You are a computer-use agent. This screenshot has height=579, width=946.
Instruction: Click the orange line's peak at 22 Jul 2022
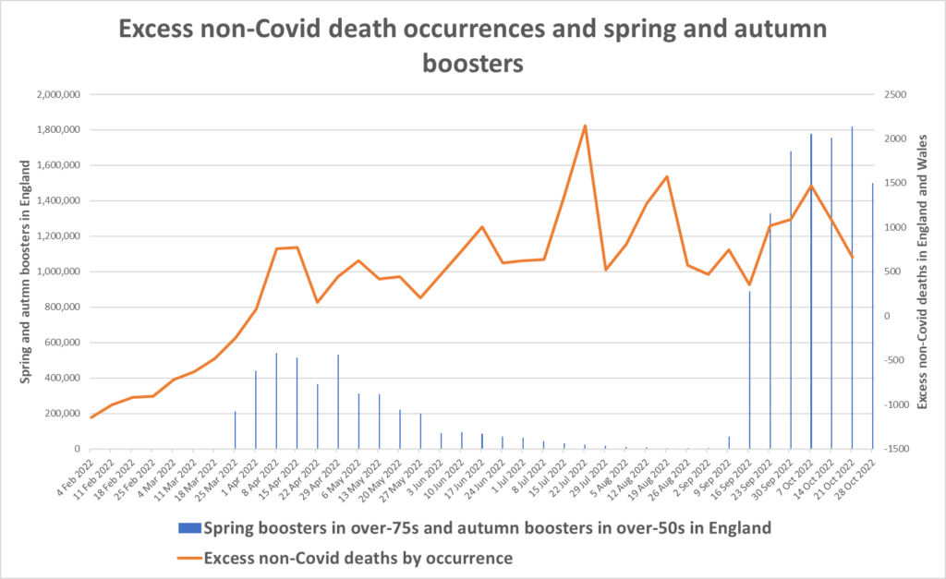[x=585, y=126]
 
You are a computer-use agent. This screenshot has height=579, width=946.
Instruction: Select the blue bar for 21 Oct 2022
[x=852, y=287]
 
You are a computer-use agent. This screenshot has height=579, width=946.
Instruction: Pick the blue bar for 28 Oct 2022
[x=872, y=316]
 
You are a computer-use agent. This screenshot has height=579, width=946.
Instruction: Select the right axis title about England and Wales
[x=925, y=271]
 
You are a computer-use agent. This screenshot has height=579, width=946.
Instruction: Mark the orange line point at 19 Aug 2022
[x=667, y=176]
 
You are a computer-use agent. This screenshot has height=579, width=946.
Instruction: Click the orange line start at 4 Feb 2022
[x=92, y=417]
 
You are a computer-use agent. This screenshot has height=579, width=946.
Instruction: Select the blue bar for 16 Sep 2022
[x=749, y=369]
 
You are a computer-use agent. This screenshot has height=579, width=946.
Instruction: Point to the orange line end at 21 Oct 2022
[x=852, y=257]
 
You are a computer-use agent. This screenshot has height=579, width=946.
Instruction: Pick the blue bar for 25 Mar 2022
[x=236, y=430]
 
